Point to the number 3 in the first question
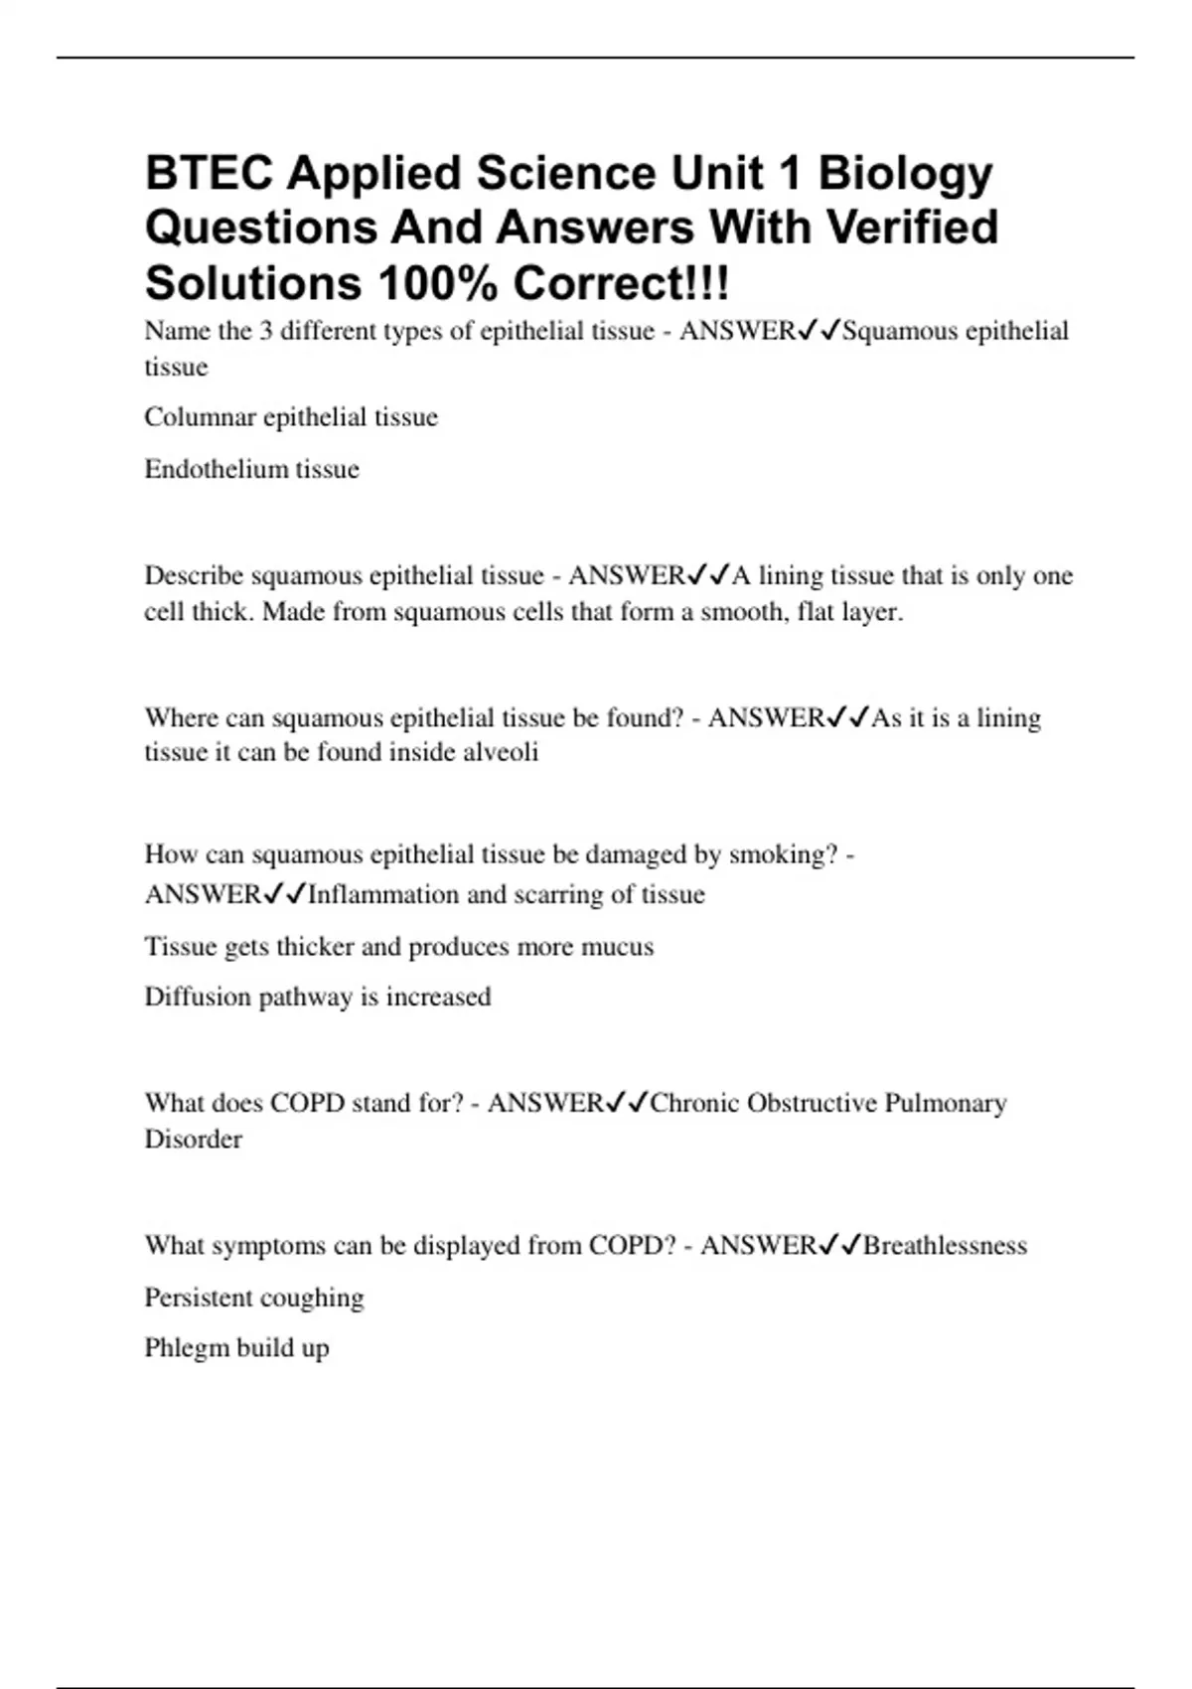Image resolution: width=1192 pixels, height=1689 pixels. (x=265, y=331)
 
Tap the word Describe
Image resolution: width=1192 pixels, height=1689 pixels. (x=194, y=576)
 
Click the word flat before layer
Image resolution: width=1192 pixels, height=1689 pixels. (x=816, y=612)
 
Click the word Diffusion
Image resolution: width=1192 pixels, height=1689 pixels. (x=197, y=997)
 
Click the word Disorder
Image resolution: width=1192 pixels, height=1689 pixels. (x=193, y=1140)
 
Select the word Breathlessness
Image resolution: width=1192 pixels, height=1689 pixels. (x=945, y=1246)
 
